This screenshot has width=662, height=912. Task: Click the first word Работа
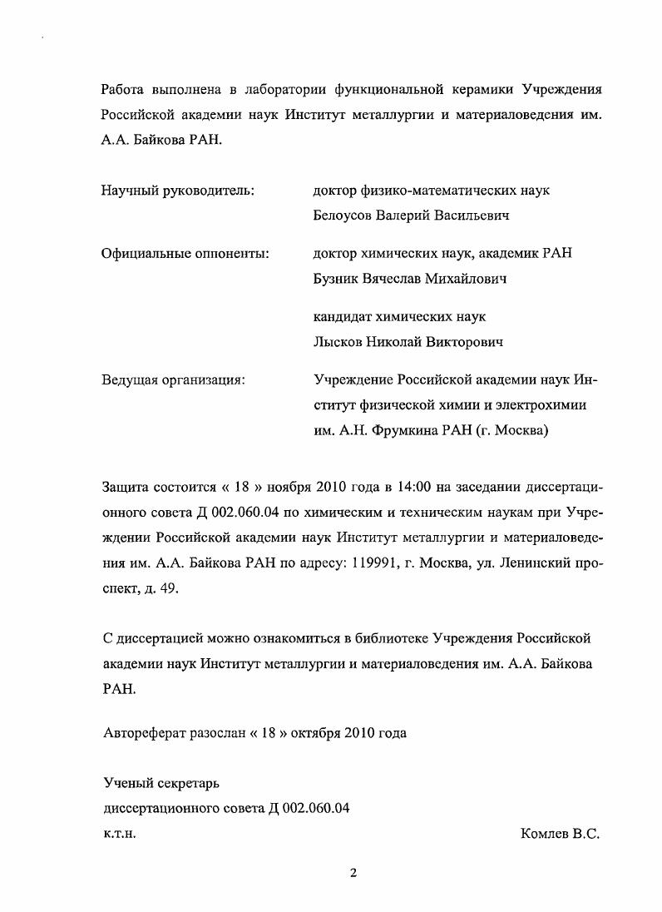point(122,89)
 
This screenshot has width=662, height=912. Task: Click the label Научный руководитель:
point(177,191)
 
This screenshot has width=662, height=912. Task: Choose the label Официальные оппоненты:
point(185,254)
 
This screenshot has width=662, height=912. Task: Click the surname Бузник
point(336,279)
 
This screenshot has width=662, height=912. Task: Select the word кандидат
point(343,317)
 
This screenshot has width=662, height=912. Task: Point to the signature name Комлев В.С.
point(559,833)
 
